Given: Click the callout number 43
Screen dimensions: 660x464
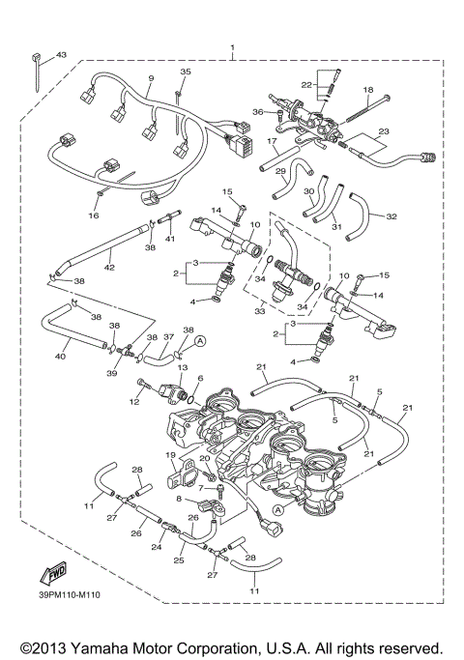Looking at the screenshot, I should point(61,55).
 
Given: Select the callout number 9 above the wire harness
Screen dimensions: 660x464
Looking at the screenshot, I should point(151,77).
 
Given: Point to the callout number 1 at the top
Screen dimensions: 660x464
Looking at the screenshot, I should point(232,47).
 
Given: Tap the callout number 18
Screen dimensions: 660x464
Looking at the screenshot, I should point(368,89).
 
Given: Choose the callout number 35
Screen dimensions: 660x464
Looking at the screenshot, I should point(186,72).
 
